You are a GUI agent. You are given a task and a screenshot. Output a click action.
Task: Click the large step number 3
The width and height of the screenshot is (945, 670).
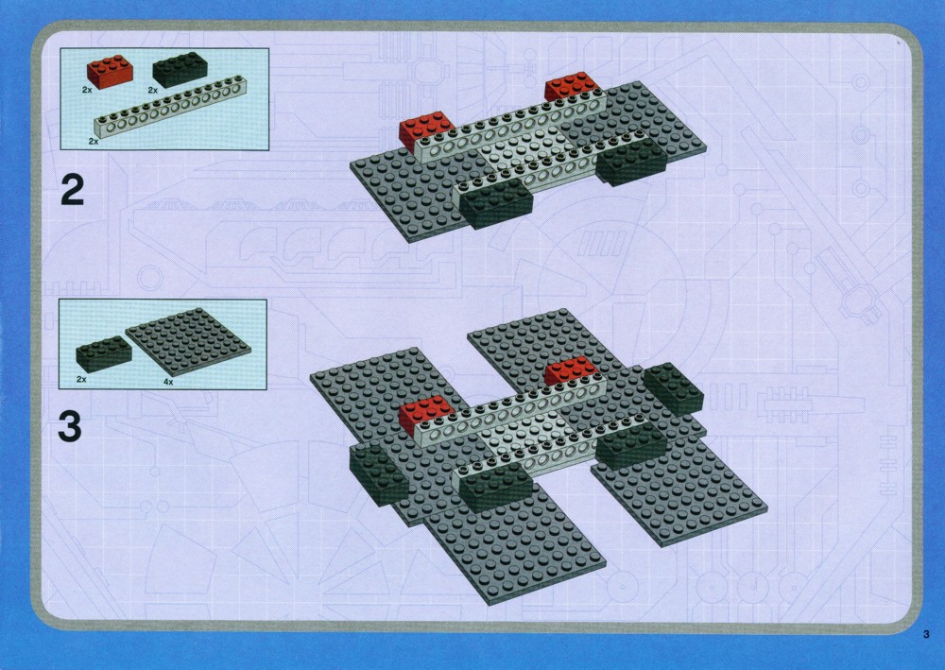(x=70, y=426)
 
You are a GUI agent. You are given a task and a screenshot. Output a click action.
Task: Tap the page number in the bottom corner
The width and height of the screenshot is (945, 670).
(x=926, y=634)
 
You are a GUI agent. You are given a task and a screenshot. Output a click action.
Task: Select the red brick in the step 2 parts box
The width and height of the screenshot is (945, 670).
(x=111, y=72)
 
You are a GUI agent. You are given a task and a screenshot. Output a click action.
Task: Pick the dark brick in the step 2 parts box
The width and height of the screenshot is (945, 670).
(x=180, y=69)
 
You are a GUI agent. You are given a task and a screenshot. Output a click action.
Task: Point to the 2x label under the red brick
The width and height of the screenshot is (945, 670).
(x=87, y=89)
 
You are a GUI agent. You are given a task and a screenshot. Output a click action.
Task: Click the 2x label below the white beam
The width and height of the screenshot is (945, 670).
(x=94, y=141)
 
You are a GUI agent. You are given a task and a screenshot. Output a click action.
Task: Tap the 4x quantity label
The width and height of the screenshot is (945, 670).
(x=168, y=382)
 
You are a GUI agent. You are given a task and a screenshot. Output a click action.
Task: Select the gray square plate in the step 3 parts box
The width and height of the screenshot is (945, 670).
(x=188, y=342)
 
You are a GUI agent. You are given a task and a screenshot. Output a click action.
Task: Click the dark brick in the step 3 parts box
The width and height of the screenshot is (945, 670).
(x=104, y=353)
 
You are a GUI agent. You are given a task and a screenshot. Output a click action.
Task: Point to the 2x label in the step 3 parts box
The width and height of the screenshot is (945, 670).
(x=81, y=380)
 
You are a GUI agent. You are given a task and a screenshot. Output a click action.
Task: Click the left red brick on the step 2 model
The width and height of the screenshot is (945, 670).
(x=425, y=130)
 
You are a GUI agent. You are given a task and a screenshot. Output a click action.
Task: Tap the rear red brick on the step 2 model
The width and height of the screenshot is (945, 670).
(x=572, y=86)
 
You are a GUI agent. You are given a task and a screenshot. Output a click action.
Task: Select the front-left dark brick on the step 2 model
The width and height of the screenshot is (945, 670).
(x=496, y=202)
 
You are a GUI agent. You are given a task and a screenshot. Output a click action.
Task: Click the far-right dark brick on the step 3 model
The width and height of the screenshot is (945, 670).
(x=673, y=387)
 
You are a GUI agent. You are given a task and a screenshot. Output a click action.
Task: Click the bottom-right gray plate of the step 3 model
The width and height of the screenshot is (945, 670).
(x=679, y=488)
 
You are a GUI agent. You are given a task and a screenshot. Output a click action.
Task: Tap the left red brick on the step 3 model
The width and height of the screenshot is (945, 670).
(x=425, y=415)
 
